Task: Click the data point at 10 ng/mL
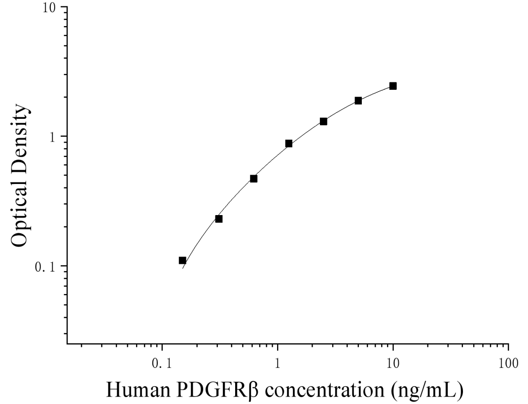coord(393,86)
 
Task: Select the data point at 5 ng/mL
coord(358,101)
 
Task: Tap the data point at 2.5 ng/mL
coord(323,121)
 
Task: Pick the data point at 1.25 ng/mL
coord(289,144)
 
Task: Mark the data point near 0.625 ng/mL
coord(253,179)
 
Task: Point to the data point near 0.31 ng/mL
coord(219,219)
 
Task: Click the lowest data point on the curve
coord(182,260)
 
